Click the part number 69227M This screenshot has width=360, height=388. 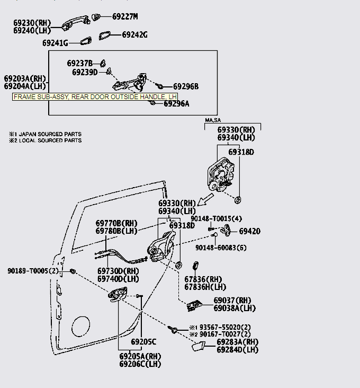point(124,16)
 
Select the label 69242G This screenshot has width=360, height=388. point(134,35)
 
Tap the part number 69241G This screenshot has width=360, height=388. point(55,42)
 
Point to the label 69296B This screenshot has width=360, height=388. point(186,86)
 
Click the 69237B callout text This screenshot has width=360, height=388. point(79,63)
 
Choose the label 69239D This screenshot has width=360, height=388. point(85,72)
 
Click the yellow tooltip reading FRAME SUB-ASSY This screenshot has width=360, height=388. point(95,97)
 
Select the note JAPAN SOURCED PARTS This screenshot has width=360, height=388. point(48,134)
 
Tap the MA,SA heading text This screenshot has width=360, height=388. point(213,121)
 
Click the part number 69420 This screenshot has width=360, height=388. point(249,232)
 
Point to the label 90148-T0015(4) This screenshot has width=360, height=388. point(216,218)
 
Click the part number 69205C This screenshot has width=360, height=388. point(144,341)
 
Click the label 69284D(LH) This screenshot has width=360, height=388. point(237,349)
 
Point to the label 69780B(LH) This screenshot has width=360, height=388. point(116,231)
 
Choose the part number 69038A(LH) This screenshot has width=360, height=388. point(235,308)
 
